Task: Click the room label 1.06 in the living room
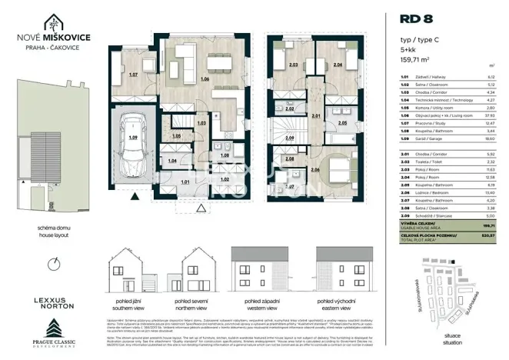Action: (204, 79)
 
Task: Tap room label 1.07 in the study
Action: (132, 75)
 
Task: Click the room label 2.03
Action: (293, 66)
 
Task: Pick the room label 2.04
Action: (338, 66)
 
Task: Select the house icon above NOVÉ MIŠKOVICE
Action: (53, 23)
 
